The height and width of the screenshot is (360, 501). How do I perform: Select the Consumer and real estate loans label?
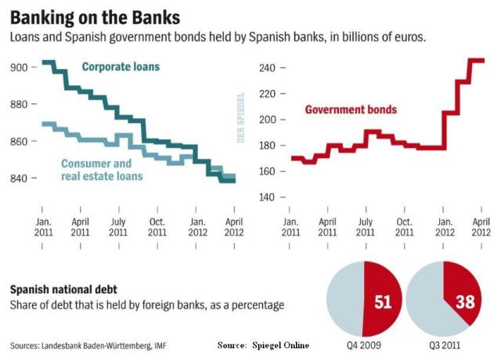pyautogui.click(x=102, y=170)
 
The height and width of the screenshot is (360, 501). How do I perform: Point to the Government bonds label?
pyautogui.click(x=350, y=110)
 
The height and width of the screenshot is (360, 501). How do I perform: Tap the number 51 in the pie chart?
pyautogui.click(x=382, y=301)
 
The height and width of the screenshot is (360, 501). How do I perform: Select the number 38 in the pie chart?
pyautogui.click(x=466, y=301)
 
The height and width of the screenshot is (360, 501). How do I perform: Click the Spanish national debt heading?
pyautogui.click(x=62, y=290)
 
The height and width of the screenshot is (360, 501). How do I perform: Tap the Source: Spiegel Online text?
pyautogui.click(x=263, y=345)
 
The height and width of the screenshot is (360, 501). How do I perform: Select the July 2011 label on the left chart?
pyautogui.click(x=118, y=226)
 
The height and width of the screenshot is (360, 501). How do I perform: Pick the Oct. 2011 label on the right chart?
pyautogui.click(x=404, y=226)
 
